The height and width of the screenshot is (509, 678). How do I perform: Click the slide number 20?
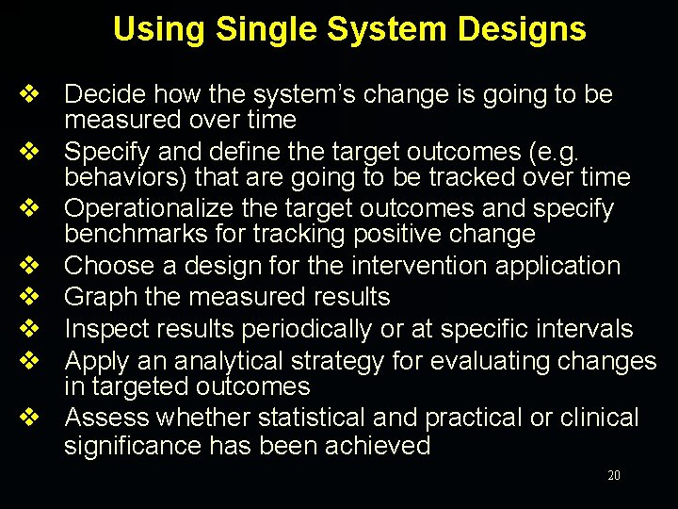pyautogui.click(x=614, y=476)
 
